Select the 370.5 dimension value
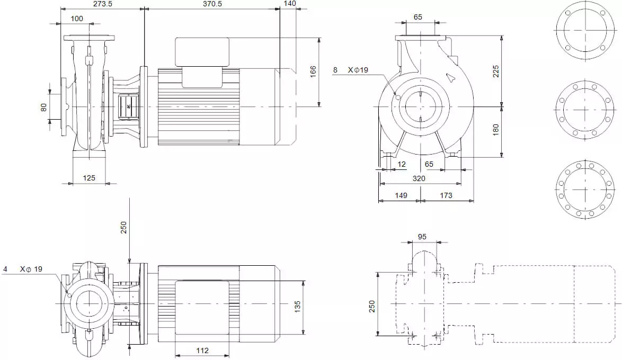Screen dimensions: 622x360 tap(212, 4)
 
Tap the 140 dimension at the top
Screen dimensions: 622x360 tap(290, 4)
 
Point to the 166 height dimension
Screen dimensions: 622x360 tap(313, 72)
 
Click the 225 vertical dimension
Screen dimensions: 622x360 tap(496, 71)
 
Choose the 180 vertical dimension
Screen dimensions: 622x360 tap(496, 130)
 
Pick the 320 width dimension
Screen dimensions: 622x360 tap(419, 178)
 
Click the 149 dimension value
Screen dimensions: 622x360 tap(401, 195)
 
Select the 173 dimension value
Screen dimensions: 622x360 tap(446, 195)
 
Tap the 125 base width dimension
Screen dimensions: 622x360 tap(89, 178)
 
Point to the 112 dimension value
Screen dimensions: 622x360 tap(202, 350)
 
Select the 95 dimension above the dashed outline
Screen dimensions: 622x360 tap(422, 237)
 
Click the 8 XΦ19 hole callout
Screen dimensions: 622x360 tap(351, 70)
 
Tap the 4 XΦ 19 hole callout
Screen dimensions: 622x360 tap(23, 269)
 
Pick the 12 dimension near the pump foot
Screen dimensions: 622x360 tap(402, 164)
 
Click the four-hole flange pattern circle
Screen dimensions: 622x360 tap(585, 30)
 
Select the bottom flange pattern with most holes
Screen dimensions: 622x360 tap(585, 190)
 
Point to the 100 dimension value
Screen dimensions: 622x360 tap(77, 19)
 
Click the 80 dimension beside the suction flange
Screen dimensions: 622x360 tap(43, 107)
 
